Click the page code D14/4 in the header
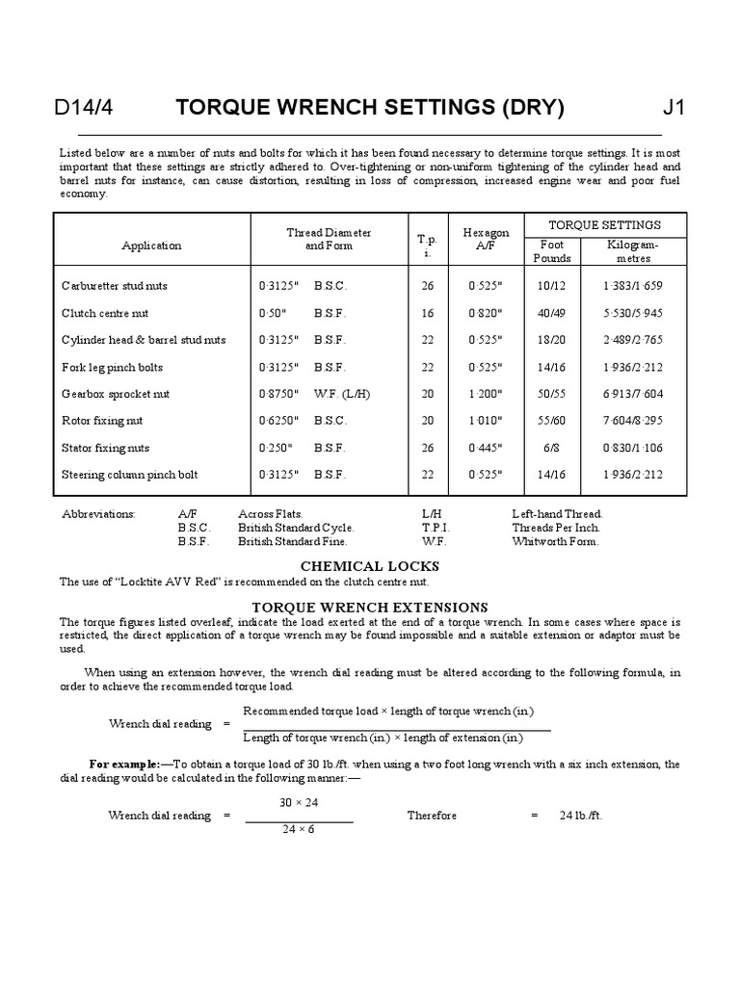point(86,107)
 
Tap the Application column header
point(151,246)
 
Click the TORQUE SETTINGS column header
point(604,225)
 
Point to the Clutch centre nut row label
point(105,313)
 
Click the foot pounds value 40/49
point(552,313)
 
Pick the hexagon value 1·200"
point(486,394)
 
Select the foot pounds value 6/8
point(552,448)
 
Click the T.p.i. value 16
point(428,313)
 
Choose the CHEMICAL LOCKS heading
point(370,566)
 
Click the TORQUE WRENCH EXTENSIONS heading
point(370,608)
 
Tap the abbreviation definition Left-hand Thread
point(557,514)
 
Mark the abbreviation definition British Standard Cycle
point(296,528)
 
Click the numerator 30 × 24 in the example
point(299,802)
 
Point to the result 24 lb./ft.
point(581,816)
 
